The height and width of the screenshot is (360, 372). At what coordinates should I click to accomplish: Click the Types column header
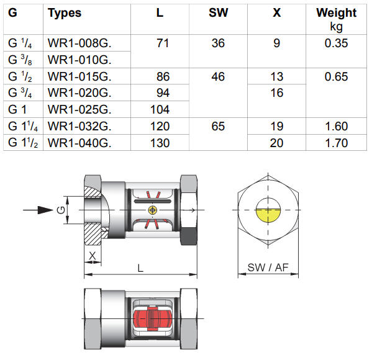(x=65, y=12)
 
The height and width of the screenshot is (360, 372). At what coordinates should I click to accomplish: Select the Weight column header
(x=336, y=12)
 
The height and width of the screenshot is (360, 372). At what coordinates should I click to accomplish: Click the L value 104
(x=161, y=109)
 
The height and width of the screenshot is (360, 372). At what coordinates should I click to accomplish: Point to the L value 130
(x=161, y=143)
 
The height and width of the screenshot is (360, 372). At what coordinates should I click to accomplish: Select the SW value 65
(x=218, y=126)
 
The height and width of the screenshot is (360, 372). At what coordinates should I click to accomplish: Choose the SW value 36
(x=218, y=43)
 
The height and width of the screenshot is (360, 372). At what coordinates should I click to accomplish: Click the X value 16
(x=277, y=93)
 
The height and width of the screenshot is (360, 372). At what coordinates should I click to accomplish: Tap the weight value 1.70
(x=336, y=143)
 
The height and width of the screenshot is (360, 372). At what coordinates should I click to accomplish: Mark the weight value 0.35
(x=336, y=43)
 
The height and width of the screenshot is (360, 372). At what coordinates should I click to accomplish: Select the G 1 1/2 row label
(x=24, y=143)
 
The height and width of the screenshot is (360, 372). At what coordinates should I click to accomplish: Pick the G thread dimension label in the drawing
(x=60, y=210)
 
